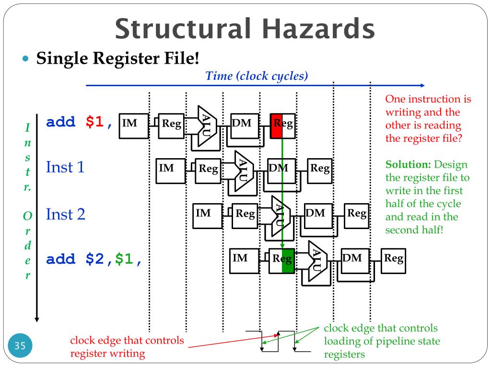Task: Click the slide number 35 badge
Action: click(x=20, y=345)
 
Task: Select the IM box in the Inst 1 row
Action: click(x=170, y=171)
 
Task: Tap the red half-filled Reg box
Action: click(x=282, y=125)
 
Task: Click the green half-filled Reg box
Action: click(x=281, y=261)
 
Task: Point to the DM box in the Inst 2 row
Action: click(x=318, y=215)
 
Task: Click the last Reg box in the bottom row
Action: click(x=393, y=260)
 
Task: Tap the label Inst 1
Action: click(x=65, y=167)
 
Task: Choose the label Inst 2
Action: click(x=65, y=214)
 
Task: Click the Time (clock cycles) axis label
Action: click(x=257, y=76)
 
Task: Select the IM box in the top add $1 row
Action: click(x=133, y=125)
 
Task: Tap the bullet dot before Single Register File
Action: click(x=26, y=60)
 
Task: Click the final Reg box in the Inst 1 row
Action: click(x=319, y=171)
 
